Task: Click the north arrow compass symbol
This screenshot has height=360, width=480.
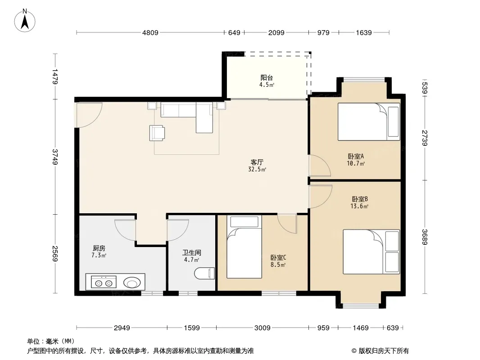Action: tap(25, 20)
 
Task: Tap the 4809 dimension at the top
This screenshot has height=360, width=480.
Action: tap(150, 32)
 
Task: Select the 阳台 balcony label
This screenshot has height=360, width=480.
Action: tap(267, 78)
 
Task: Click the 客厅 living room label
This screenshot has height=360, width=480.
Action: tap(257, 162)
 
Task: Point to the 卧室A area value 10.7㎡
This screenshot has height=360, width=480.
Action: tap(356, 163)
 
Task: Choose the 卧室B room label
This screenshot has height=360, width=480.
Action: tap(359, 199)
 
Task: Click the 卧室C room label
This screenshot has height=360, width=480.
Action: tap(278, 257)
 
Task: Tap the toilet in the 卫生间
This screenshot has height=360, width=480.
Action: tap(204, 273)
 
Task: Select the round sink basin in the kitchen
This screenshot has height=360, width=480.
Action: tap(132, 282)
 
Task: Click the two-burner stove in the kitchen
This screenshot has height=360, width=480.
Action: tap(104, 282)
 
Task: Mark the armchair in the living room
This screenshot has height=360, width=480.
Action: tap(157, 133)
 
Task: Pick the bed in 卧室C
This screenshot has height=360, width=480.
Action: tap(244, 247)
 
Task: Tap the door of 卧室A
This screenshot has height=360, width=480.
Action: tap(320, 166)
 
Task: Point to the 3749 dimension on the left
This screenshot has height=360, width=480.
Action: tap(55, 157)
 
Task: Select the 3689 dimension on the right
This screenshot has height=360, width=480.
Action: tap(425, 237)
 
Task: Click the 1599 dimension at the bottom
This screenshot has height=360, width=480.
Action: tap(192, 328)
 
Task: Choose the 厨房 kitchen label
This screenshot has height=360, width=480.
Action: tap(99, 248)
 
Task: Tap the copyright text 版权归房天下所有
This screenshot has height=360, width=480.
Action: tap(384, 351)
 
